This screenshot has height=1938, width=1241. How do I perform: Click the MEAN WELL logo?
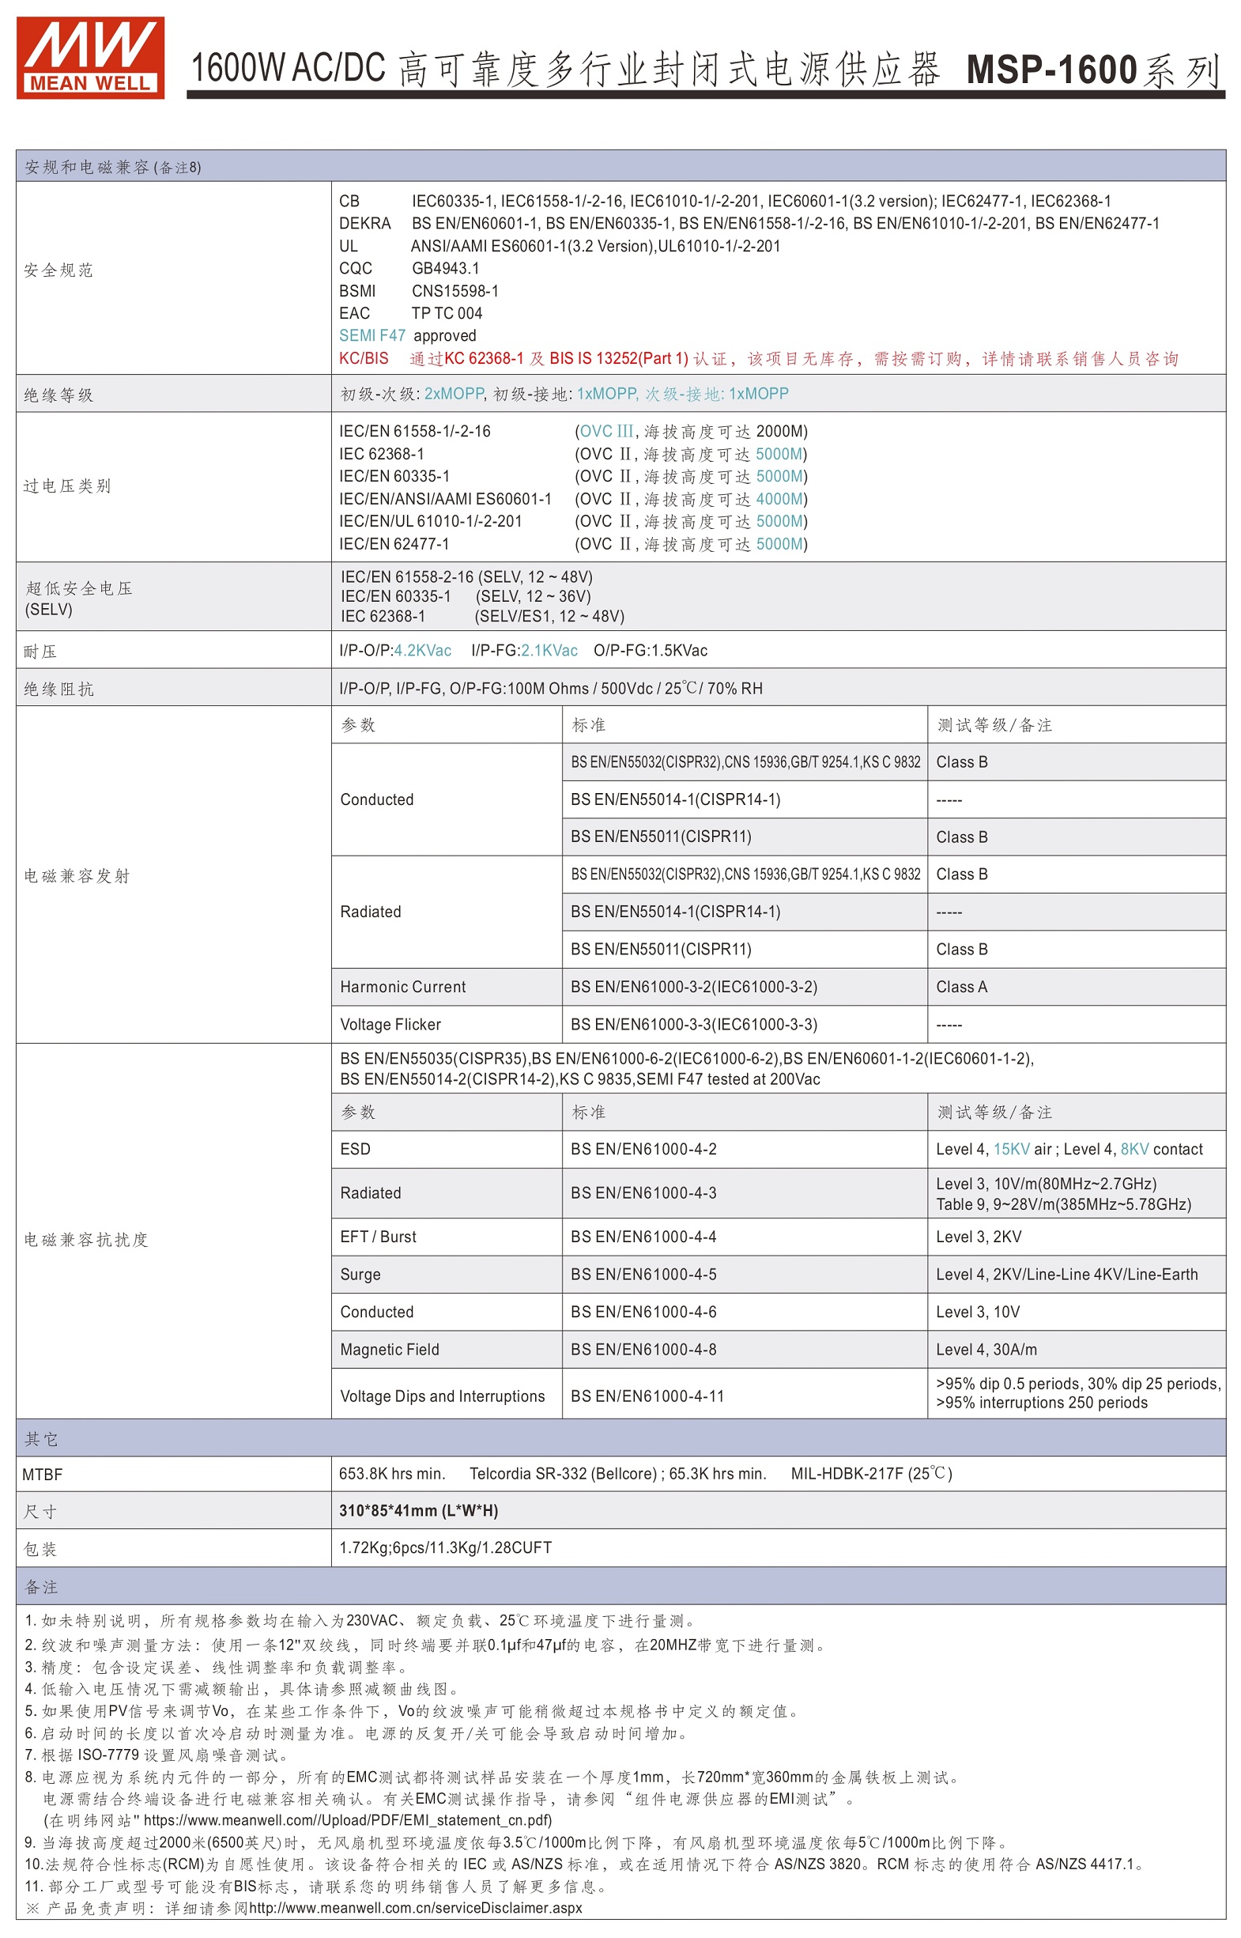(90, 57)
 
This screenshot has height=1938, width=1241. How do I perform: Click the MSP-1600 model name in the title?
(1051, 70)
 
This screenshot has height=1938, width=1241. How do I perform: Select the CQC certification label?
(356, 269)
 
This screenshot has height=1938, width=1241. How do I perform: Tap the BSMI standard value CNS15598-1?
(455, 291)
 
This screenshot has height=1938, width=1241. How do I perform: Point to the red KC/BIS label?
(364, 359)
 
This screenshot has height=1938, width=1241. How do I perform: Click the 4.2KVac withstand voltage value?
(422, 651)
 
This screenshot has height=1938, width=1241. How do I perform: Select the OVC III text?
(606, 431)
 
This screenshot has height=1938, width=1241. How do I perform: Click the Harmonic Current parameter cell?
(403, 987)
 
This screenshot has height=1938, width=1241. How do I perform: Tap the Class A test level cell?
(961, 987)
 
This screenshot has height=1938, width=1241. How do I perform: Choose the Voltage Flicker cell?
(390, 1025)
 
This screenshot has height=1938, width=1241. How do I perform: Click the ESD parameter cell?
(356, 1149)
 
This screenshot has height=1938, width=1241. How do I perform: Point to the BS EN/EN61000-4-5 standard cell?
(643, 1275)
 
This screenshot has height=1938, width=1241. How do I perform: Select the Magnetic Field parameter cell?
(389, 1350)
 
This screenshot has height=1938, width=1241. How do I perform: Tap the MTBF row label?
(42, 1475)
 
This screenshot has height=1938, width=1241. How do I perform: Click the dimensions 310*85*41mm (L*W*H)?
(418, 1511)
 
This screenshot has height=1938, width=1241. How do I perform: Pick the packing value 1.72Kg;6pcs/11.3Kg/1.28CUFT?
(445, 1548)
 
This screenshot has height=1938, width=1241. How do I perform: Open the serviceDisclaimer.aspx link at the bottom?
(415, 1908)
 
